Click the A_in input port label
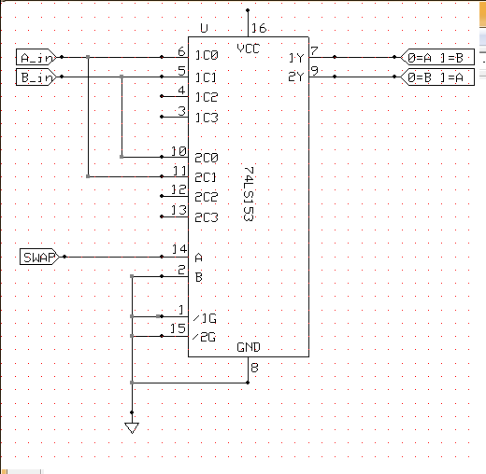click(x=36, y=57)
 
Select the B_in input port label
click(x=36, y=77)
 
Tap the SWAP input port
click(x=39, y=257)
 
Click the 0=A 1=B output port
click(x=437, y=57)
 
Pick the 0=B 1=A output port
click(x=437, y=77)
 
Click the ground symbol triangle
click(x=132, y=427)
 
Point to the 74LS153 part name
click(x=249, y=194)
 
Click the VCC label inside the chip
click(x=248, y=49)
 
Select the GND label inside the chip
click(x=249, y=347)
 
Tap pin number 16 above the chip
click(x=259, y=28)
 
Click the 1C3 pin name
click(x=207, y=118)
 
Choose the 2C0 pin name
click(x=207, y=158)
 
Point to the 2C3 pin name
click(x=207, y=217)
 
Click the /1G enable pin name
click(x=205, y=318)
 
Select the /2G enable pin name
click(x=204, y=337)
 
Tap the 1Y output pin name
click(x=296, y=58)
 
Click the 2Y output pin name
click(x=296, y=77)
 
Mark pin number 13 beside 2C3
click(x=179, y=210)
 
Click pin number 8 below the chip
click(x=254, y=368)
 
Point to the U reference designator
click(x=204, y=28)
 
